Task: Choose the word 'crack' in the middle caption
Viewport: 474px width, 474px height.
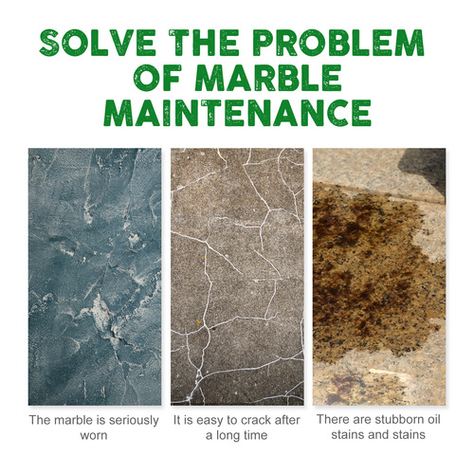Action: (x=252, y=417)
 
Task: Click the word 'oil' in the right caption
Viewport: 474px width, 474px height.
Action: (x=434, y=417)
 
